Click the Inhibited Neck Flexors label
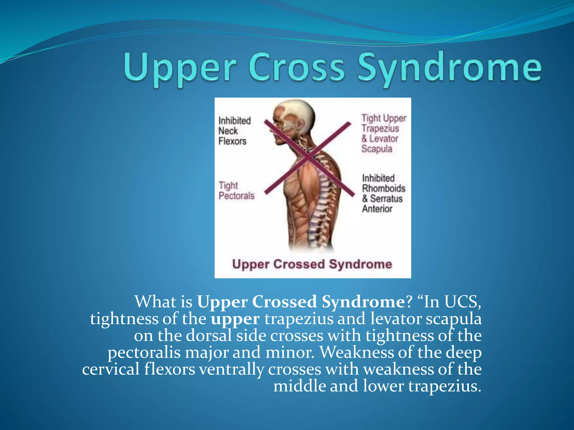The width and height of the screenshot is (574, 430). point(234,131)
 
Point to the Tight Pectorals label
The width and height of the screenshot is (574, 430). point(236,191)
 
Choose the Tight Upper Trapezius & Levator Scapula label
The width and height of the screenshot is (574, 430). point(383,134)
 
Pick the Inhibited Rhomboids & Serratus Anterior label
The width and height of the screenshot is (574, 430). point(383,193)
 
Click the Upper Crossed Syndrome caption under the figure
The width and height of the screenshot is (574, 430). point(312,265)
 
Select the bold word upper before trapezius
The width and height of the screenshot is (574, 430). point(235,319)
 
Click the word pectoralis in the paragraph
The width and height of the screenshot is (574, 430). point(144,353)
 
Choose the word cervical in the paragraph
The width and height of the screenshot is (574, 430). point(111,369)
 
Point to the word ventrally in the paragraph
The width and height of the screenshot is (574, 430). point(232,370)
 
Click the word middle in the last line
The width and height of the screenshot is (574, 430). point(299,386)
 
